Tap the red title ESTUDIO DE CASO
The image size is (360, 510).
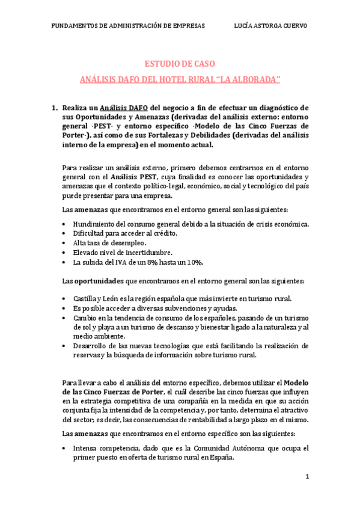[181, 64]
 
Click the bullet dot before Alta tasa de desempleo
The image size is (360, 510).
[65, 243]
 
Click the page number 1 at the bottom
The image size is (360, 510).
[307, 477]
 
